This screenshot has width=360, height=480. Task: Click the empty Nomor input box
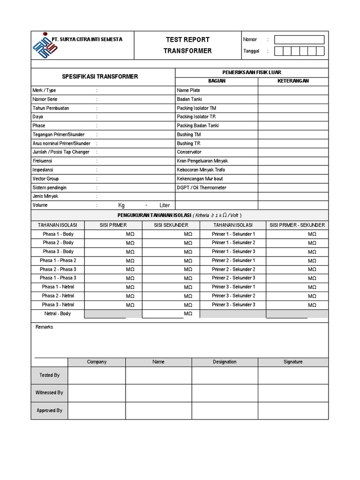pyautogui.click(x=299, y=40)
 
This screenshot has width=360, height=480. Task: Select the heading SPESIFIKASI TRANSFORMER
pyautogui.click(x=100, y=76)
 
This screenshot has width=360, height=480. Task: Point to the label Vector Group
pyautogui.click(x=46, y=179)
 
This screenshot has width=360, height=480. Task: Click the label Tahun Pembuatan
pyautogui.click(x=51, y=108)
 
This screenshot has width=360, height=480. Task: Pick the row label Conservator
pyautogui.click(x=189, y=152)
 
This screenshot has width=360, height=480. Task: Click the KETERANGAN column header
pyautogui.click(x=293, y=81)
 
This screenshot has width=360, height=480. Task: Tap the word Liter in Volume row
pyautogui.click(x=165, y=205)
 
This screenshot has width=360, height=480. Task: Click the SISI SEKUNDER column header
pyautogui.click(x=171, y=225)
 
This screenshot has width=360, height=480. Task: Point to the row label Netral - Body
pyautogui.click(x=58, y=313)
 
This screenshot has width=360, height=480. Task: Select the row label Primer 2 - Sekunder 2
pyautogui.click(x=233, y=269)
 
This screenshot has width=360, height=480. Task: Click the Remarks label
pyautogui.click(x=44, y=327)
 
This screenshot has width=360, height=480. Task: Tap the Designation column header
pyautogui.click(x=225, y=362)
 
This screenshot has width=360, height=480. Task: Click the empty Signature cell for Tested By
pyautogui.click(x=293, y=375)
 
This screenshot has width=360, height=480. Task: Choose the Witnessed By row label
pyautogui.click(x=49, y=393)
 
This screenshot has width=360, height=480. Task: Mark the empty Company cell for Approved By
pyautogui.click(x=97, y=411)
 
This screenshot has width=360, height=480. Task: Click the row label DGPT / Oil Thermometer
pyautogui.click(x=202, y=187)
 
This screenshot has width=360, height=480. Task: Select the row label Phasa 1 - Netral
pyautogui.click(x=58, y=287)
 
